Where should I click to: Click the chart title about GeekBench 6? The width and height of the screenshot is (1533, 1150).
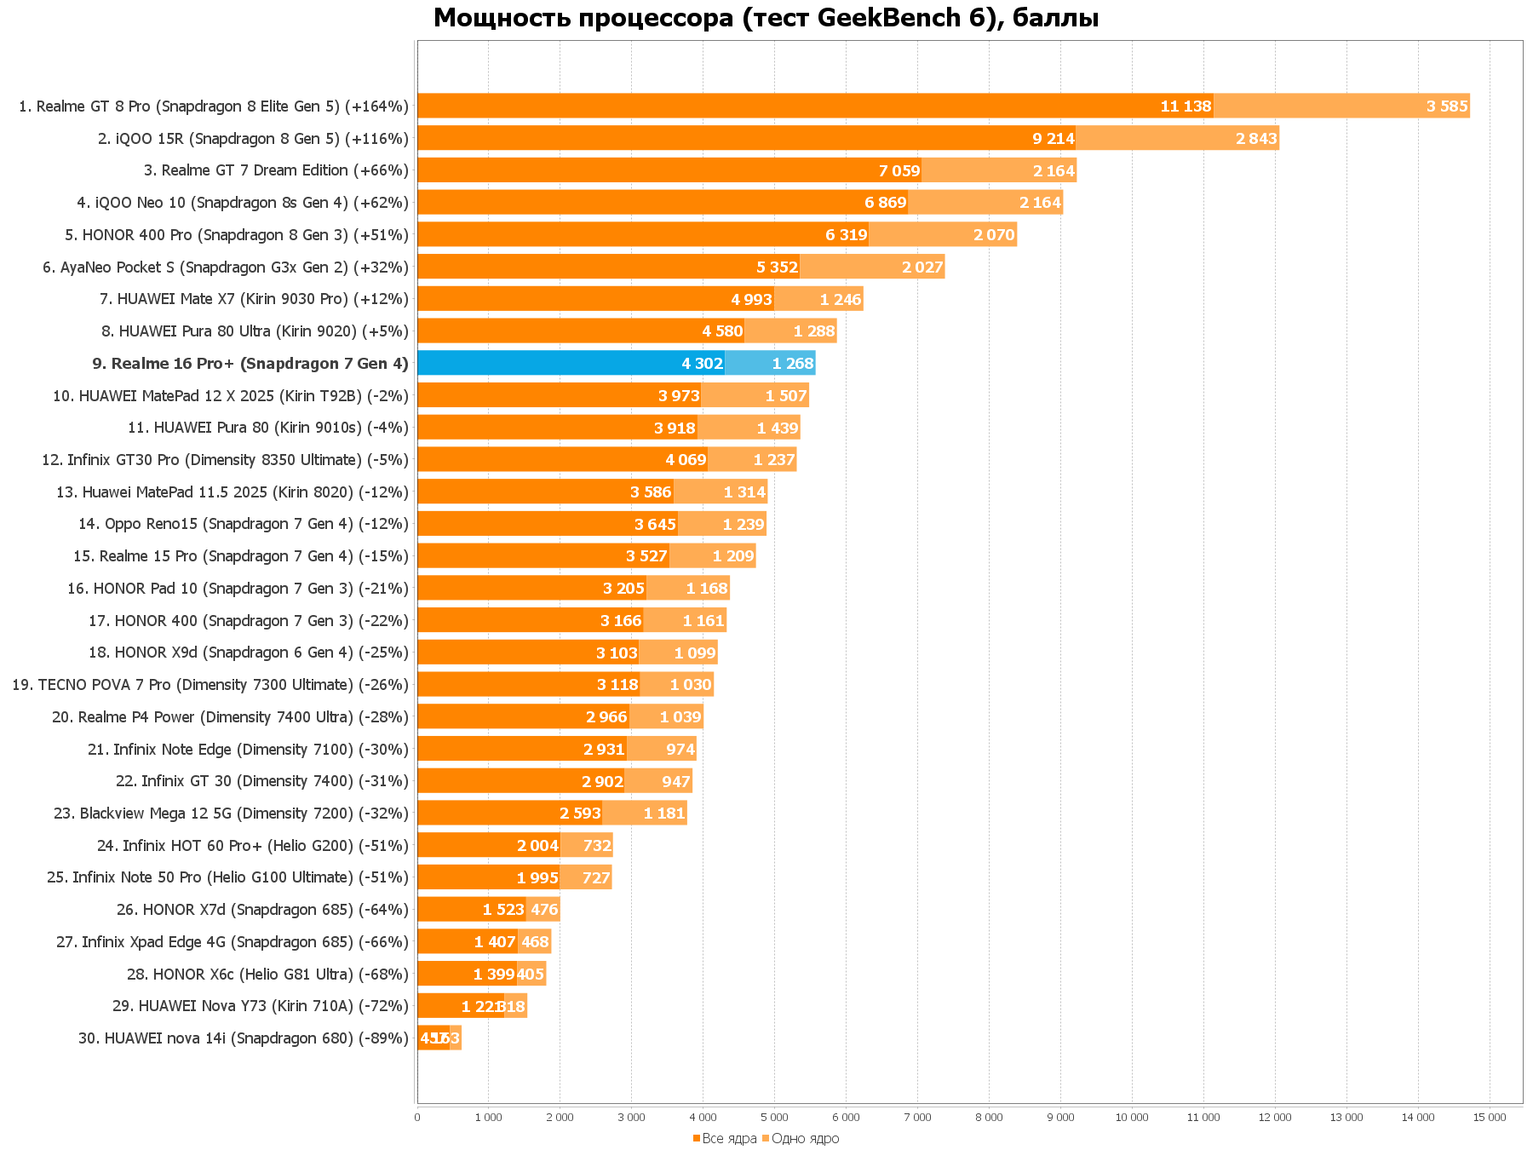[x=766, y=18]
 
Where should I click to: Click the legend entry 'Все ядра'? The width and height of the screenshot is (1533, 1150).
[x=728, y=1139]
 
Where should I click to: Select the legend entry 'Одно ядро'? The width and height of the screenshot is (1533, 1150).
[x=804, y=1139]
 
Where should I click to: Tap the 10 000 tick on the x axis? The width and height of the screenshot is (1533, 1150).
[x=1132, y=1118]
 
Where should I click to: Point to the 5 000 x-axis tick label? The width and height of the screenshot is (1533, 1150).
[x=774, y=1118]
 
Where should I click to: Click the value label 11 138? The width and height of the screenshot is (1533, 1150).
[x=1186, y=106]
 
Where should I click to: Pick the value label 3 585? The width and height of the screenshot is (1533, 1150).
[x=1447, y=106]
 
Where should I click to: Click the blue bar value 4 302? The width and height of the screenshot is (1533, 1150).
[x=702, y=364]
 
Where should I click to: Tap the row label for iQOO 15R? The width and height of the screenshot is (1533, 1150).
[x=253, y=139]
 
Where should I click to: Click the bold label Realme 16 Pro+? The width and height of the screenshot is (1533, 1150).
[x=250, y=364]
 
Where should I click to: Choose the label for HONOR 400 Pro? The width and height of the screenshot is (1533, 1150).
[x=237, y=235]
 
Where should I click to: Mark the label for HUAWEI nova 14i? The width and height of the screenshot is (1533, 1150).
[x=244, y=1038]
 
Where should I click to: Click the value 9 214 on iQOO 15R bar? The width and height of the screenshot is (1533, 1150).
[x=1054, y=139]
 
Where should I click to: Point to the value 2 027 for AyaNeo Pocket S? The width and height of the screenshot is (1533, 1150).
[x=922, y=267]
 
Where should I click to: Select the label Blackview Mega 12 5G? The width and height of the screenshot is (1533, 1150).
[x=231, y=814]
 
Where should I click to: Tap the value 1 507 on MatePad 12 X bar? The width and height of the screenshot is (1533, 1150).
[x=785, y=396]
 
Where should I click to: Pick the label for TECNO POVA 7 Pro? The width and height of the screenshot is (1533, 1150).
[x=210, y=685]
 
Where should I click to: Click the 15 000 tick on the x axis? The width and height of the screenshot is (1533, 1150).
[x=1490, y=1118]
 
